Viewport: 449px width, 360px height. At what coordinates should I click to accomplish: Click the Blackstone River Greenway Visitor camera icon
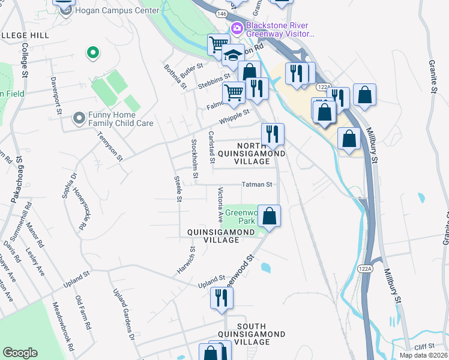pos(237,28)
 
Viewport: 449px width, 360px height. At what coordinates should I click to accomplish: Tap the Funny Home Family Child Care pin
pos(79,118)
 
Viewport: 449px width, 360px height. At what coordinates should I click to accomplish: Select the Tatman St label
pos(257,185)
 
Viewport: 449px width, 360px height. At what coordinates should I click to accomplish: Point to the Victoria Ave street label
pos(220,205)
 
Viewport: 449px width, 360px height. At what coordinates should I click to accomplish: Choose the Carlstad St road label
pos(211,147)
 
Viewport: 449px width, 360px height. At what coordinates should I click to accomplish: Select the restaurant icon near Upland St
pos(221,298)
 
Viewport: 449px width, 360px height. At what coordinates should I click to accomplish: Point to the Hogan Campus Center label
pos(110,10)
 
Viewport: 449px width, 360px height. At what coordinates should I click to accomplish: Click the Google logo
pos(20,353)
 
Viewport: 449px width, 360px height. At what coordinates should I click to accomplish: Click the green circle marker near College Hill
pos(92,53)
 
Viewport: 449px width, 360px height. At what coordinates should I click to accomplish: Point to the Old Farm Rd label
pos(82,313)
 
